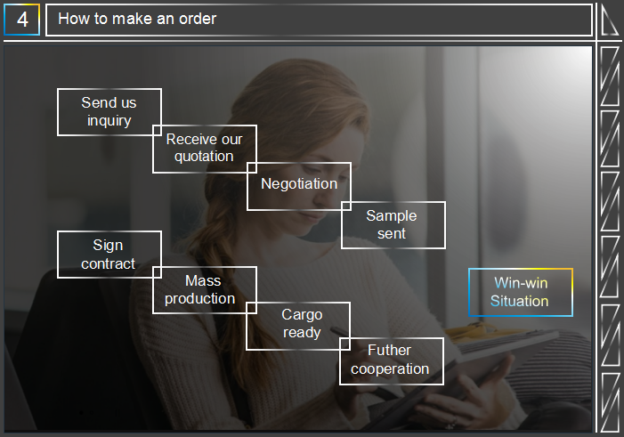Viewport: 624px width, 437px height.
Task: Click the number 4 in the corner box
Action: click(x=22, y=20)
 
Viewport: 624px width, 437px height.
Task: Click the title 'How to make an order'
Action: click(x=137, y=19)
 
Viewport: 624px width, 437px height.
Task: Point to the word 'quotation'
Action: click(x=204, y=157)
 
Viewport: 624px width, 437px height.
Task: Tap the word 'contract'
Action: click(x=109, y=263)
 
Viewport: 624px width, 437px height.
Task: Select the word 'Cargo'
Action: click(x=302, y=315)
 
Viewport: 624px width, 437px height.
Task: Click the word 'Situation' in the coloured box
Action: click(x=519, y=301)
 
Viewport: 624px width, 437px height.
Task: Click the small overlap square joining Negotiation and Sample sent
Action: click(x=346, y=206)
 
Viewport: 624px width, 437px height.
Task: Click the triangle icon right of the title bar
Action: click(x=609, y=20)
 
